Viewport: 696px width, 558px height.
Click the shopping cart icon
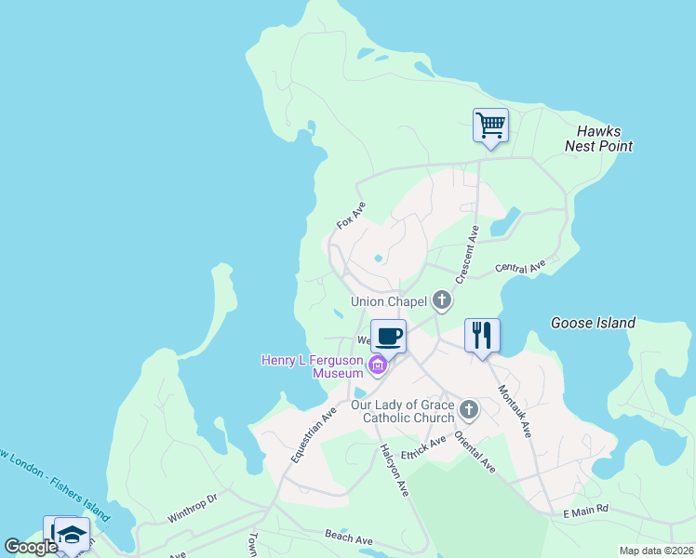pyautogui.click(x=490, y=125)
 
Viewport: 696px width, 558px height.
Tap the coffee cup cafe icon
pyautogui.click(x=388, y=335)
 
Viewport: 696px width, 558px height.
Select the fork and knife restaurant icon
pyautogui.click(x=482, y=335)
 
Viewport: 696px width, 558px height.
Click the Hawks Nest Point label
pyautogui.click(x=598, y=139)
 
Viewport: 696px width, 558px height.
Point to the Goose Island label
pyautogui.click(x=593, y=324)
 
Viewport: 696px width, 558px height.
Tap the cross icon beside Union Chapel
pyautogui.click(x=441, y=300)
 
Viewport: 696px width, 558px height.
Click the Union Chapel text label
pyautogui.click(x=388, y=301)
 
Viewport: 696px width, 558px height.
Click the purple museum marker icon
pyautogui.click(x=377, y=366)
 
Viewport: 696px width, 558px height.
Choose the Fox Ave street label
pyautogui.click(x=351, y=215)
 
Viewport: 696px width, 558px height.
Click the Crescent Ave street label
pyautogui.click(x=466, y=254)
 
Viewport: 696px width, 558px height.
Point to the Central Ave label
pyautogui.click(x=520, y=269)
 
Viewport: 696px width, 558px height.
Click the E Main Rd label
pyautogui.click(x=585, y=510)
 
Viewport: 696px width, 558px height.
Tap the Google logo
pyautogui.click(x=31, y=547)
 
